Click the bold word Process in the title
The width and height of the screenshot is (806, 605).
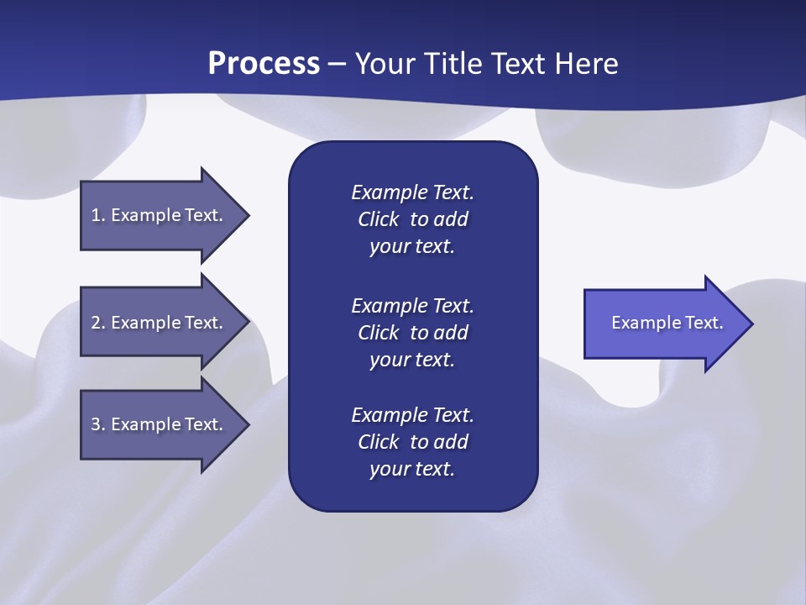[x=264, y=64]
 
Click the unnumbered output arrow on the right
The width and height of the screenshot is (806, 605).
[x=667, y=324]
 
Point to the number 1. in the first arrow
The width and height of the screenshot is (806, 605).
[x=98, y=215]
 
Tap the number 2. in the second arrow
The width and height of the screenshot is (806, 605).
[x=98, y=323]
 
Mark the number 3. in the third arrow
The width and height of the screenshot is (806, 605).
[x=98, y=424]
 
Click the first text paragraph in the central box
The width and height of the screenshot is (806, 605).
[x=412, y=219]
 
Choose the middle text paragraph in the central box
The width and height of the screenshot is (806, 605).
[x=412, y=333]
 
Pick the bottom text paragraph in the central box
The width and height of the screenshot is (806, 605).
[x=412, y=442]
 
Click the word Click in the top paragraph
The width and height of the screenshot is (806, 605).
[x=378, y=219]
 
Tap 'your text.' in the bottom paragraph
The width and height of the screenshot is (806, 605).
[x=412, y=469]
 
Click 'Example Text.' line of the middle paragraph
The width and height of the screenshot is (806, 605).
[x=412, y=305]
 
